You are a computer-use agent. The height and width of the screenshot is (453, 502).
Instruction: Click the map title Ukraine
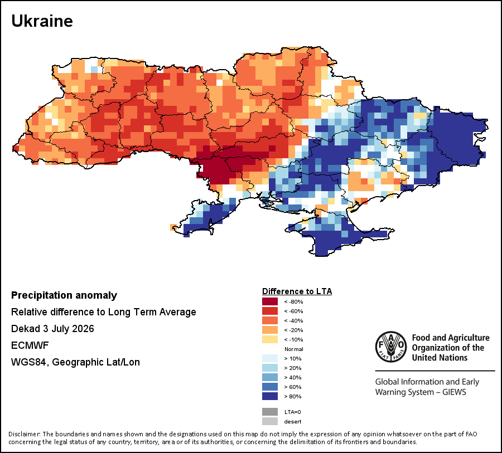(42, 21)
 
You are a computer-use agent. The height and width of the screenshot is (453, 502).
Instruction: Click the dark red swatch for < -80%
(270, 301)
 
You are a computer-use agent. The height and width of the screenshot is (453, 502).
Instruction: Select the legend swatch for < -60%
(270, 311)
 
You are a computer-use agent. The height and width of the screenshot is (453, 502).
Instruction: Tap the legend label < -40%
(293, 320)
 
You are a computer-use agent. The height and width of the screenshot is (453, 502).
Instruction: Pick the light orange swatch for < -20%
(270, 330)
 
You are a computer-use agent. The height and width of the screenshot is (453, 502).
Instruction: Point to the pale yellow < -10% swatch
(270, 339)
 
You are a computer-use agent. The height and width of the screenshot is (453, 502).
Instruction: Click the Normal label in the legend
(293, 349)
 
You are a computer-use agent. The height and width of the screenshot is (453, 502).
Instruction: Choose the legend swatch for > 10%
(270, 358)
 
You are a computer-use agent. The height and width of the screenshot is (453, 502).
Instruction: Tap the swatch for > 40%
(270, 377)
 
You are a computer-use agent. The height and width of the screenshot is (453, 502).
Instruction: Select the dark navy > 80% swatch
(270, 396)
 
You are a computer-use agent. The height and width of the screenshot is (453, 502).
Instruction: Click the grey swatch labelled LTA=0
(270, 412)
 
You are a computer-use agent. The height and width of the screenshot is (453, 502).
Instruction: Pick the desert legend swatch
(270, 421)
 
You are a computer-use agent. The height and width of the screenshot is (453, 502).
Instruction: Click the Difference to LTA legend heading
(297, 291)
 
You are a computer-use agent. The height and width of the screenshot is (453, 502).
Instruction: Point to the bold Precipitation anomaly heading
(64, 295)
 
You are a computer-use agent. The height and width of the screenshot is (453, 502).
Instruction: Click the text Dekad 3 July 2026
(52, 329)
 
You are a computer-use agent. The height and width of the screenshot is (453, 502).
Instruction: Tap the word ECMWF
(30, 345)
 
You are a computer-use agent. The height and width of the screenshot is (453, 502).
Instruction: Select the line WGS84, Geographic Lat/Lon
(75, 362)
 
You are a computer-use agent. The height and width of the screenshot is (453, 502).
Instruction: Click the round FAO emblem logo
(391, 347)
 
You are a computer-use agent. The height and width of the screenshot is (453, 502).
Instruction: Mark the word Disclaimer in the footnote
(25, 434)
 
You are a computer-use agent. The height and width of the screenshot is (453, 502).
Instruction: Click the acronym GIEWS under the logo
(454, 392)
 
